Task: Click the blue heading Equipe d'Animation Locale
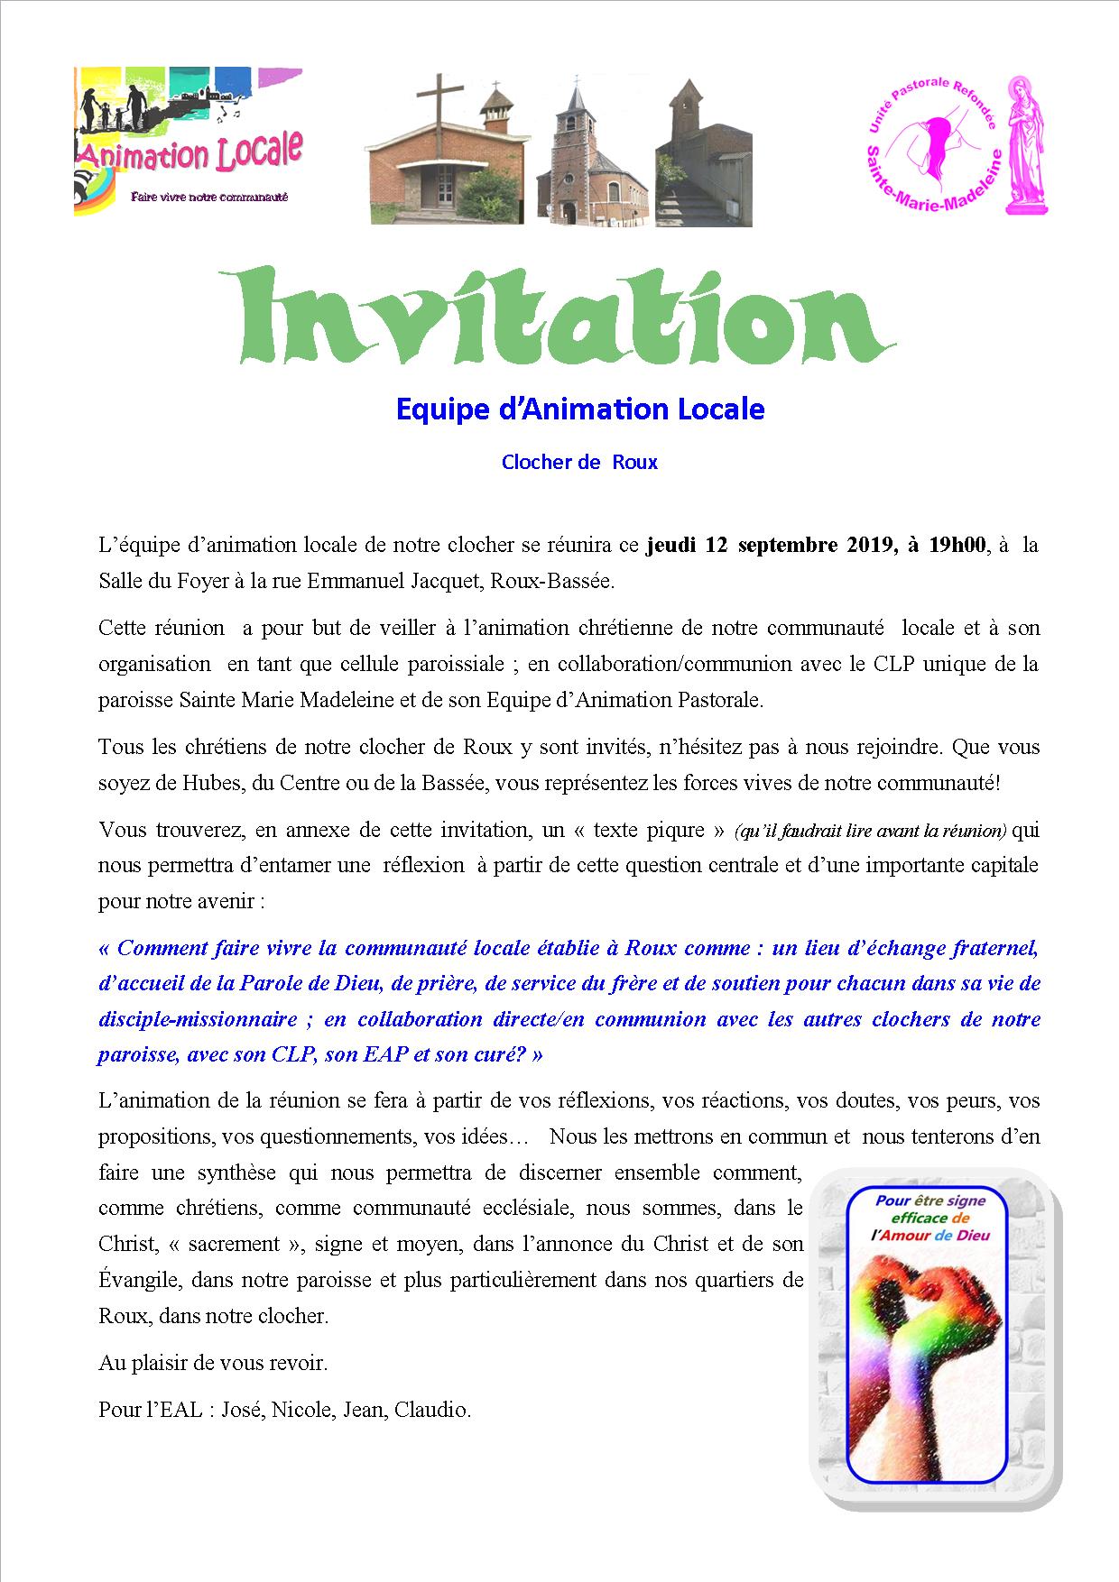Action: coord(580,409)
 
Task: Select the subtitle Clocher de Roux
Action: coord(579,463)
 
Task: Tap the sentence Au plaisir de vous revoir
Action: coord(213,1362)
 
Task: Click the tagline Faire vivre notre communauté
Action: coord(209,197)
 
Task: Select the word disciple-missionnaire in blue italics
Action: coord(197,1019)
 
